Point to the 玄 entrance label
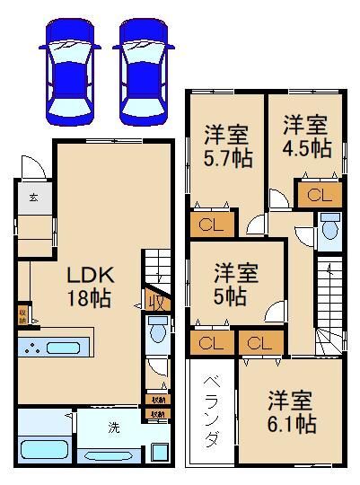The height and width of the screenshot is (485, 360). [x=32, y=197]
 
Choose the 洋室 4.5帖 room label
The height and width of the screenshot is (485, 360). [x=306, y=135]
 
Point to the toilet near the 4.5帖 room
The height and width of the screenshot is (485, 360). [x=328, y=229]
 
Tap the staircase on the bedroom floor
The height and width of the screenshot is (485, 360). [x=329, y=301]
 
